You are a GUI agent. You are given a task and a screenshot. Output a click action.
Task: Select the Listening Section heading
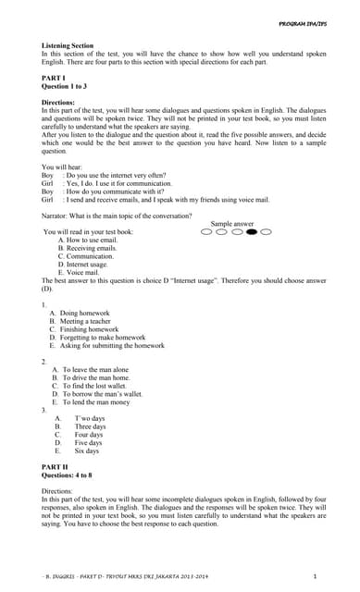(x=68, y=45)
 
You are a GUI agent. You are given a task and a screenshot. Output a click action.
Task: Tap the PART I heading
(x=54, y=77)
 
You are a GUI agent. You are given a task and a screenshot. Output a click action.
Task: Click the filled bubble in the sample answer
(x=252, y=232)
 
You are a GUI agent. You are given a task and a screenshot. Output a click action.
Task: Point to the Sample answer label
(x=232, y=224)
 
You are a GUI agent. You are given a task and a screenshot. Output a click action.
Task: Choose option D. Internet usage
(x=83, y=265)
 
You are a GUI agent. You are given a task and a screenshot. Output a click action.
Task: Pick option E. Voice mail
(x=79, y=273)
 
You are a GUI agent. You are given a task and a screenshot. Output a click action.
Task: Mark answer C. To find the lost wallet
(x=96, y=386)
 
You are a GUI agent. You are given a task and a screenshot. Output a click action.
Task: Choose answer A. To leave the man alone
(x=95, y=369)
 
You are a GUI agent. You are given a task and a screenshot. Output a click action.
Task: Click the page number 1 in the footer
(x=316, y=576)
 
